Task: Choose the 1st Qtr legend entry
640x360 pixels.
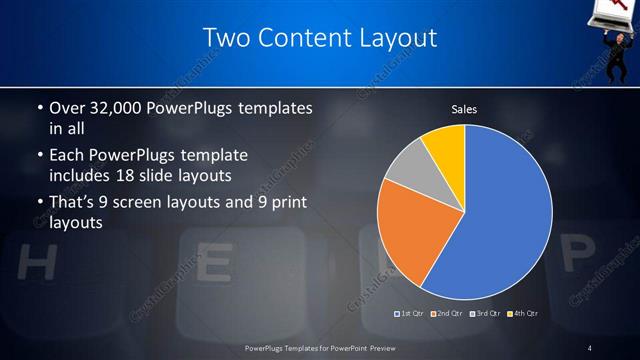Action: point(411,314)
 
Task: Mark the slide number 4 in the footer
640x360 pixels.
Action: point(590,347)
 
